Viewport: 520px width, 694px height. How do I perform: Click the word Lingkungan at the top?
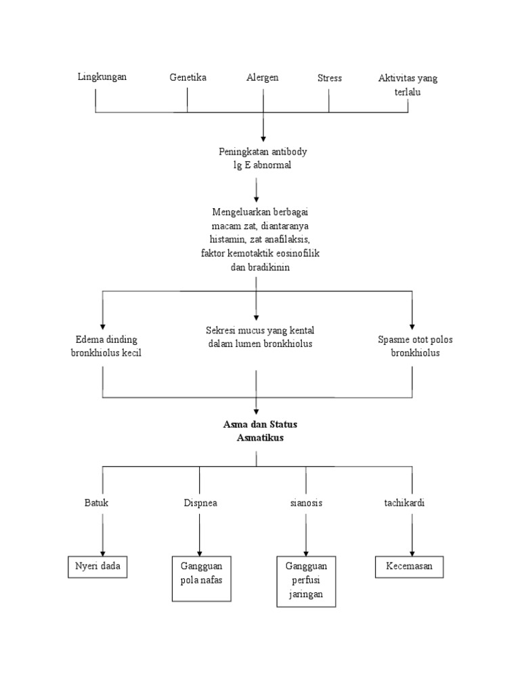click(x=102, y=77)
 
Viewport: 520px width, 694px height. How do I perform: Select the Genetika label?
click(x=188, y=77)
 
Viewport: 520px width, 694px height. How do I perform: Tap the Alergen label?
click(x=263, y=77)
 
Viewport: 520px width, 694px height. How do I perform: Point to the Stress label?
click(x=330, y=77)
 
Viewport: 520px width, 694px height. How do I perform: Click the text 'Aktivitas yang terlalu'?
click(x=408, y=85)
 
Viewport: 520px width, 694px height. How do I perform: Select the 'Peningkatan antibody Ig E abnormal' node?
click(x=258, y=159)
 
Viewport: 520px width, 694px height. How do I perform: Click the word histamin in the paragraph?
click(x=221, y=240)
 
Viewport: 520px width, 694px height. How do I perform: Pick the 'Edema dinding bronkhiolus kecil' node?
click(x=106, y=346)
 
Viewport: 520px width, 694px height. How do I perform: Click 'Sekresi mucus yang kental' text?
click(x=260, y=330)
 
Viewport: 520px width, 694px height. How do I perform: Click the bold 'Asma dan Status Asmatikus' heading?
click(x=260, y=431)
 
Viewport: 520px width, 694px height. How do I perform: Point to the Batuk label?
click(x=96, y=503)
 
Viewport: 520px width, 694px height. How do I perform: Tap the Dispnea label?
click(x=200, y=503)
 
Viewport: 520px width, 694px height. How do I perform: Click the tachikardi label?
click(x=405, y=503)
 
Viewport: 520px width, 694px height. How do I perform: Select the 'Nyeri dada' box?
click(x=98, y=567)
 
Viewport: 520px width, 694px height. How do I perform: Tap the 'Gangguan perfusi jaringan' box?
click(x=306, y=581)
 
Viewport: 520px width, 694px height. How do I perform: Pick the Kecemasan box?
click(x=410, y=567)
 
